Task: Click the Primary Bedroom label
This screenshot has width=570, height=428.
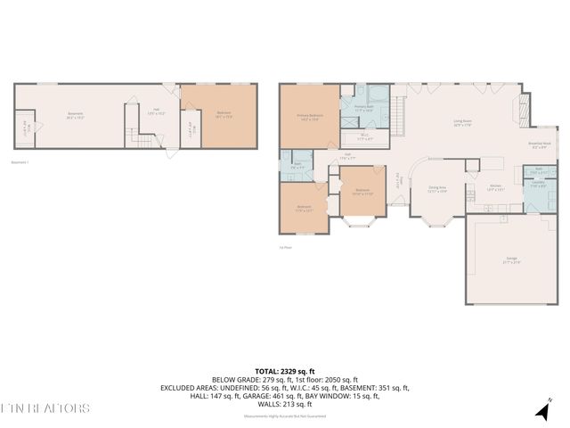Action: (x=310, y=117)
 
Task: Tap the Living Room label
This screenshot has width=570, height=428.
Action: (x=462, y=122)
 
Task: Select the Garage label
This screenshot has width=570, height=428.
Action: (x=512, y=259)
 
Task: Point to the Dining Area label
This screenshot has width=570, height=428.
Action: (x=437, y=188)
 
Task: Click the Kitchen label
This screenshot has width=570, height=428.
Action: (x=495, y=187)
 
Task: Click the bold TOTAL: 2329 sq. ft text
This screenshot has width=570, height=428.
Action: (x=285, y=371)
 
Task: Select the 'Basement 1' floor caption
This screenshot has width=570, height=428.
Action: (x=20, y=162)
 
